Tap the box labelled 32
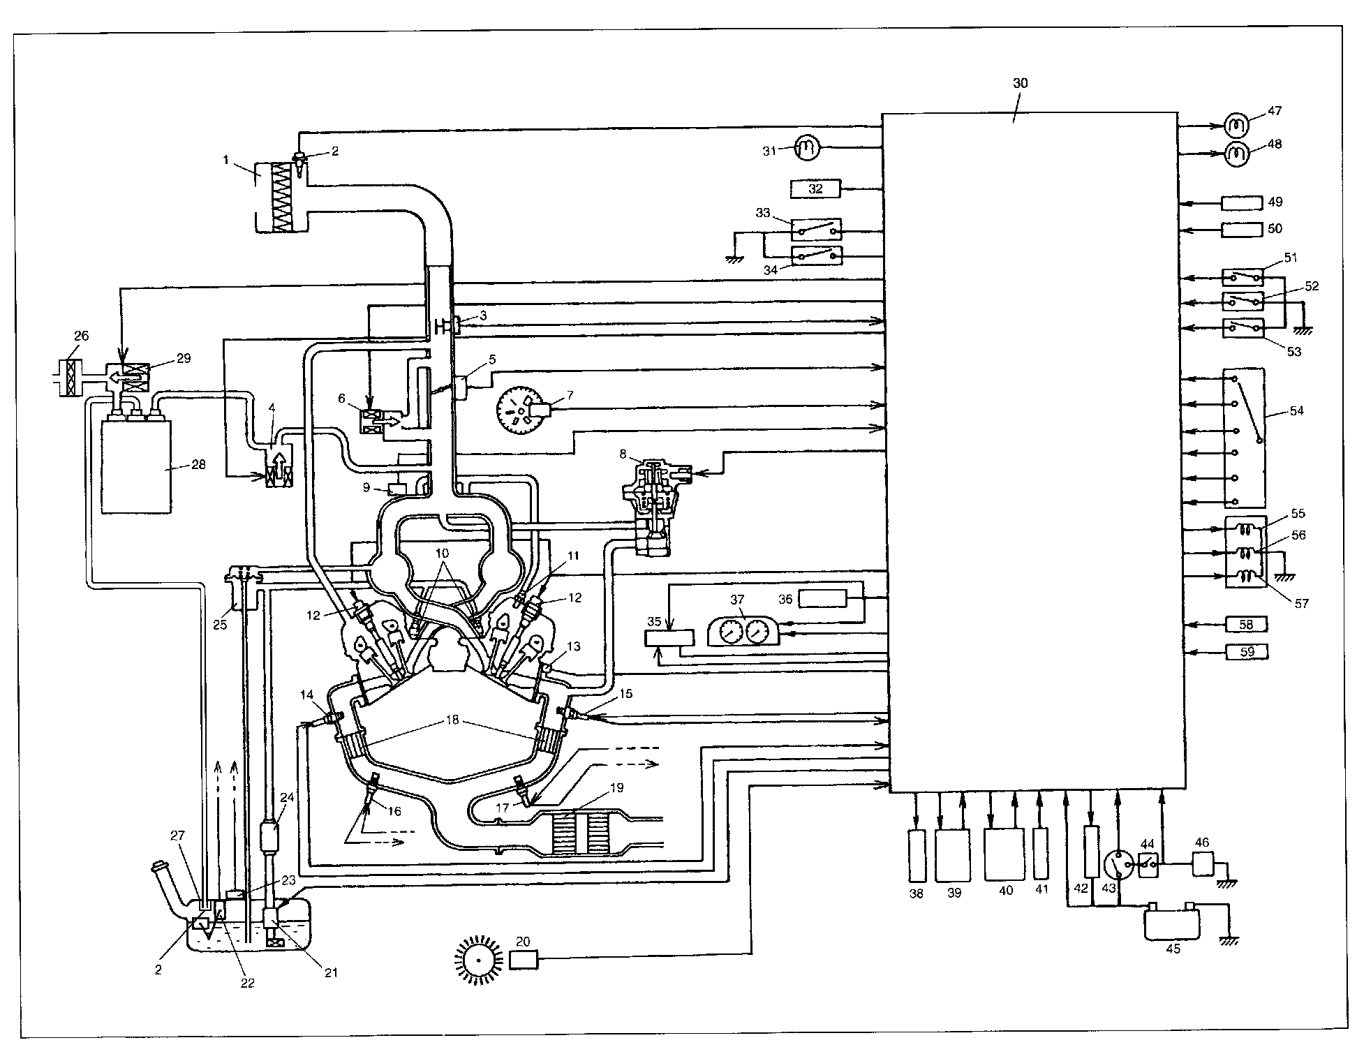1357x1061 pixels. point(816,188)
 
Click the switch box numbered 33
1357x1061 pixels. point(816,230)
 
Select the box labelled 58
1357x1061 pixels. point(1247,624)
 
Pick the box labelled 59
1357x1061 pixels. point(1247,652)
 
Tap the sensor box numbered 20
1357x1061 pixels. point(524,961)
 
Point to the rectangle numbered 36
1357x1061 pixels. point(822,598)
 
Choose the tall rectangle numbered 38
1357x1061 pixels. point(917,854)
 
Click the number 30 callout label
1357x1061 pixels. point(1020,83)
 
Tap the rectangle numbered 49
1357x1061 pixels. point(1242,202)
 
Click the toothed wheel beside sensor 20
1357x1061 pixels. point(479,962)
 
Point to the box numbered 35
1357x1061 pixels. point(669,639)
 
